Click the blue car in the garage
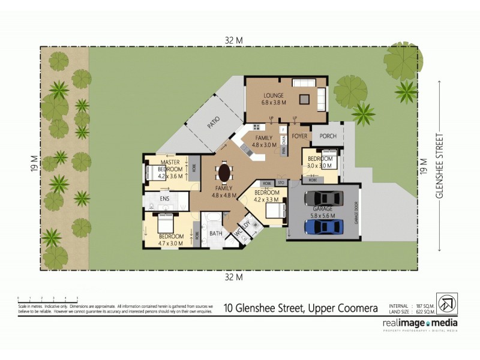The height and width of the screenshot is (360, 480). tap(323, 227)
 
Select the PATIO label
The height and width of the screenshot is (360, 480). tap(213, 122)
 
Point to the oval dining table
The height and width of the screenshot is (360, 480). tap(224, 173)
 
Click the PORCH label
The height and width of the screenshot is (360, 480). tap(328, 136)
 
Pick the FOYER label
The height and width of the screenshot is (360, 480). tap(299, 136)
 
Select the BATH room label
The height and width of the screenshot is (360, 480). tap(215, 233)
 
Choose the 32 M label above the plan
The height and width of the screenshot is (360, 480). tap(233, 40)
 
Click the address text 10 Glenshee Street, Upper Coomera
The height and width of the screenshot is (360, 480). tap(301, 308)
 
